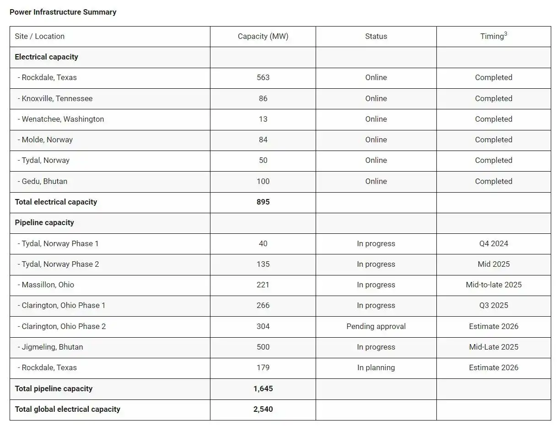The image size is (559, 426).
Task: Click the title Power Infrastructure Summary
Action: [63, 12]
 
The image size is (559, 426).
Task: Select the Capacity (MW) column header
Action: [263, 36]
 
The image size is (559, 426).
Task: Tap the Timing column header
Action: [492, 37]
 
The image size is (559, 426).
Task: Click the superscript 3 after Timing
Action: [505, 34]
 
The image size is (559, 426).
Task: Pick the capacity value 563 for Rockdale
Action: [263, 77]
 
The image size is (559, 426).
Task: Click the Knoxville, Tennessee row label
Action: [55, 98]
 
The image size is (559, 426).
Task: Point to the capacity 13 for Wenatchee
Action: [263, 119]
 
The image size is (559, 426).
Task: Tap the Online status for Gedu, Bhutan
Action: [376, 181]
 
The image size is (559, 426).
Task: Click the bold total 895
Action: [263, 202]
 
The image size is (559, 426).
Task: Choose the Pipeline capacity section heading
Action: [44, 222]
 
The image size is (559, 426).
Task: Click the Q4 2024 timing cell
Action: [494, 243]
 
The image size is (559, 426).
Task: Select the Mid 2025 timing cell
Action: [494, 264]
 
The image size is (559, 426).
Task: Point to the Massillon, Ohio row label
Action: [46, 285]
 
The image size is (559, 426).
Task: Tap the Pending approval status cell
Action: [376, 326]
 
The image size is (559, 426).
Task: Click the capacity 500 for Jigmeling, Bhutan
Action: [263, 347]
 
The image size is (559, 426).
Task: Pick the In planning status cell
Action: [376, 367]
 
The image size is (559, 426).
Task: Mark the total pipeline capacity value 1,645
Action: [263, 388]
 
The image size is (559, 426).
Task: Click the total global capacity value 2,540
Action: [263, 409]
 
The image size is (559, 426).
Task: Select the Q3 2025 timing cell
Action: [494, 305]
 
